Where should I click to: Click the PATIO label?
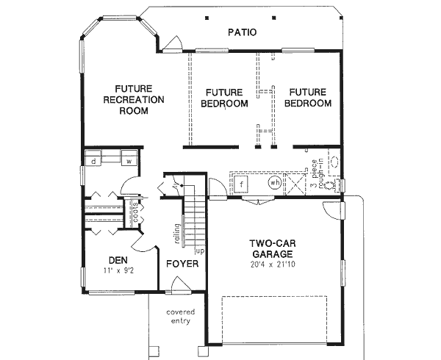point(243,32)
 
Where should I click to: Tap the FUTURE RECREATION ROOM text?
point(134,100)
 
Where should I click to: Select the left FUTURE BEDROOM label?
point(224,98)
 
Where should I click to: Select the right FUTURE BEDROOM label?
point(307,98)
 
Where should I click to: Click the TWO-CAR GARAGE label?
point(272,250)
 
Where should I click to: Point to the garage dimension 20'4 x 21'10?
point(272,264)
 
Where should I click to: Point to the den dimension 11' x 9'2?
point(118,271)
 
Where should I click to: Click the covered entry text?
point(179,316)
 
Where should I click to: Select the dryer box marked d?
point(94,159)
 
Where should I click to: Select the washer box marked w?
point(127,159)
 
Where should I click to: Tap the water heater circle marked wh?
point(274,182)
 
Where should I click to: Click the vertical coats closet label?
point(136,213)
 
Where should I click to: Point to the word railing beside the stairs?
point(177,232)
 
